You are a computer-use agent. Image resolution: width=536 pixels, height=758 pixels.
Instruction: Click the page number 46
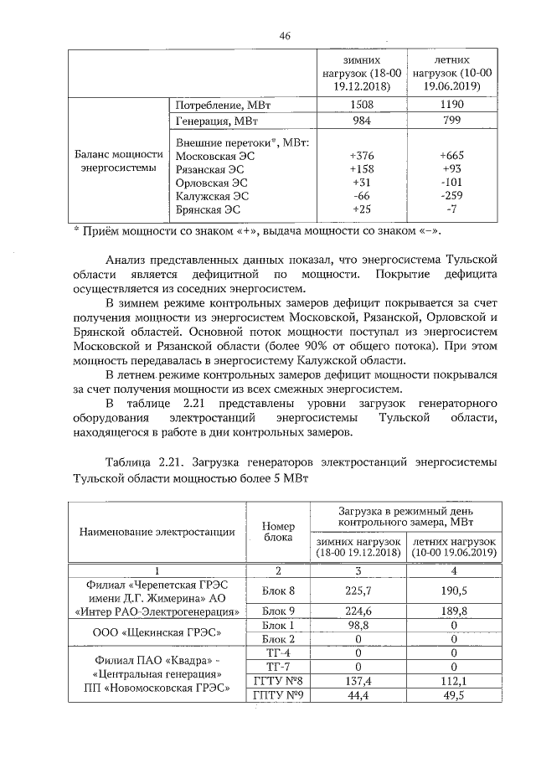click(284, 36)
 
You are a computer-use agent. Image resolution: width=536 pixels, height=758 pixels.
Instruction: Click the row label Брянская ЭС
click(210, 209)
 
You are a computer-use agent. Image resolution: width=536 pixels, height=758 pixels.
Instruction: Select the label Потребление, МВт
click(222, 106)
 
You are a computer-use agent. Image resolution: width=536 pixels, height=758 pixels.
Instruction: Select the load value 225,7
click(358, 590)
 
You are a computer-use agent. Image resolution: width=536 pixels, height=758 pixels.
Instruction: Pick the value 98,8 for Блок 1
click(358, 626)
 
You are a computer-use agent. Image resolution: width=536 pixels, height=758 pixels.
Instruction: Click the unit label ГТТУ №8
click(276, 681)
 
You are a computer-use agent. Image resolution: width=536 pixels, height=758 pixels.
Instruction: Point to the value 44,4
click(358, 696)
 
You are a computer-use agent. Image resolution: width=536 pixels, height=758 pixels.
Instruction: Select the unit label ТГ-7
click(276, 667)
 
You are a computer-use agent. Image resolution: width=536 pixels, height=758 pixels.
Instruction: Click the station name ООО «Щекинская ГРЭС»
click(157, 632)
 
